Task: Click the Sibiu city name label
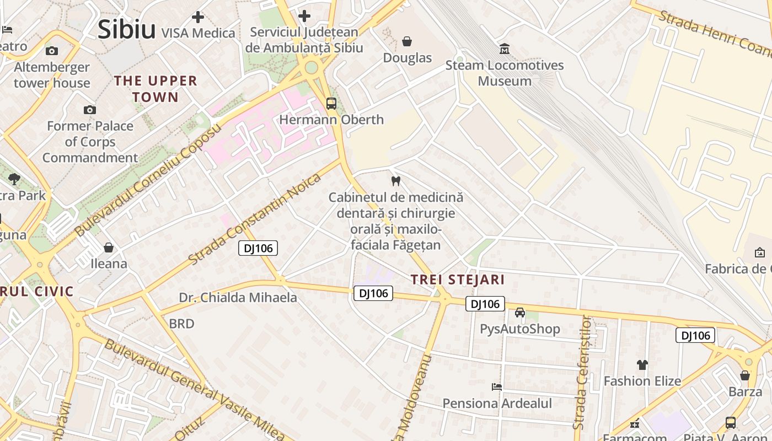pos(126,29)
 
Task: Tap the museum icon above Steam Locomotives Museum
pos(504,49)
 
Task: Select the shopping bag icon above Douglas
pos(407,41)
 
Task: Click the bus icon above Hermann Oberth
pos(331,103)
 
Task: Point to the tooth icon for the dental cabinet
pos(395,180)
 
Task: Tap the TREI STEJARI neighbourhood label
pos(458,279)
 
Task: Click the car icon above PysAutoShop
pos(519,313)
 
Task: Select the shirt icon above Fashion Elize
pos(642,364)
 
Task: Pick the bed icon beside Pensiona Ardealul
pos(497,387)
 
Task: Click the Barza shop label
pos(745,392)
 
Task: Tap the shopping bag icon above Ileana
pos(109,248)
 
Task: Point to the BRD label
pos(181,324)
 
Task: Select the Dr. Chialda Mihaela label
pos(238,298)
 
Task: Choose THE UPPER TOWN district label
pos(155,89)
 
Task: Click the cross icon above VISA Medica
pos(198,17)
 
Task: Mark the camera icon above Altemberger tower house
pos(52,51)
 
